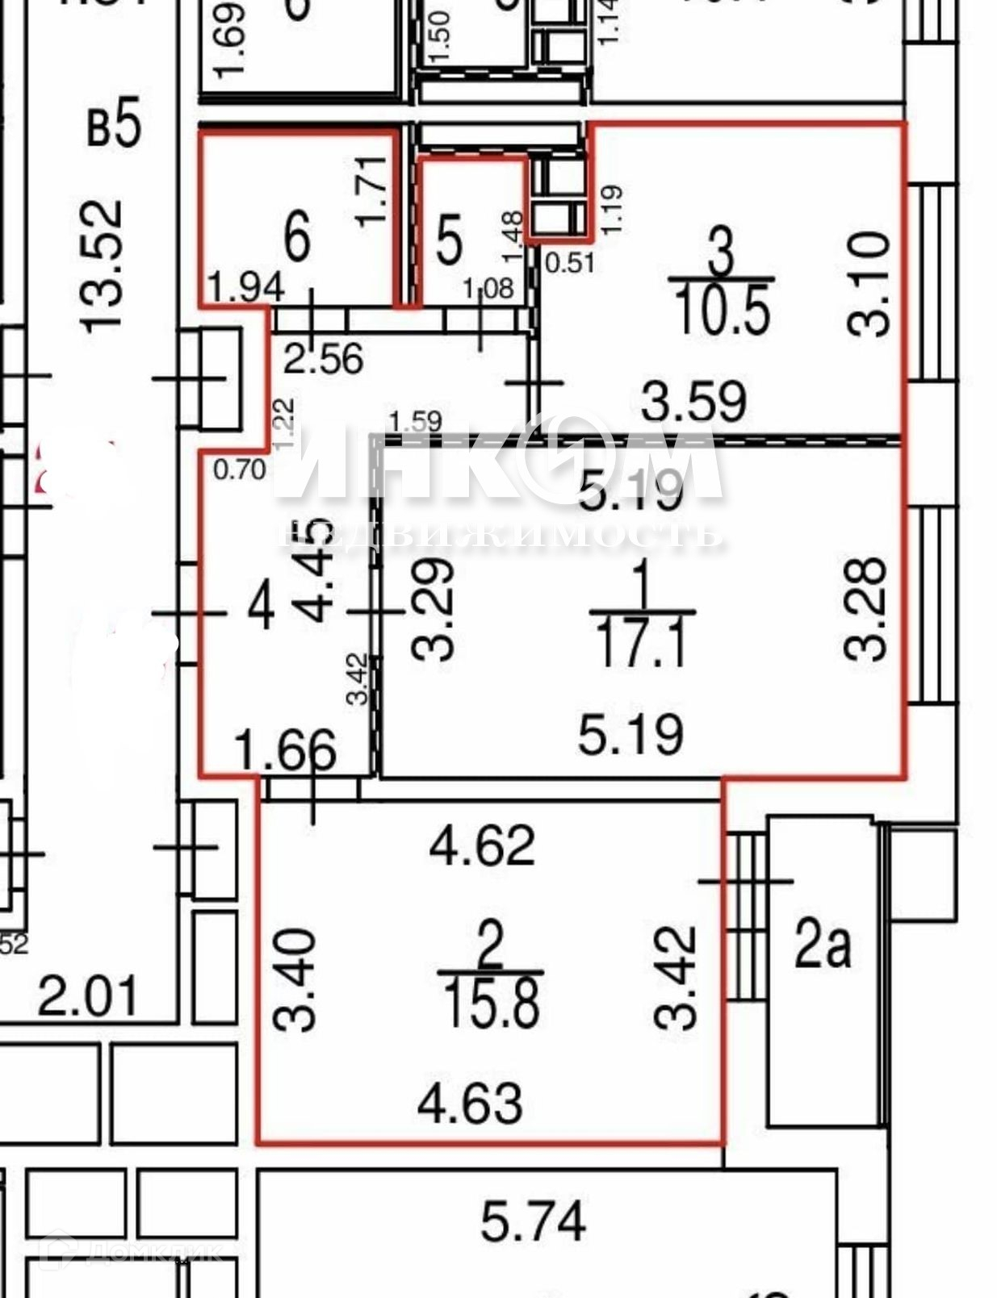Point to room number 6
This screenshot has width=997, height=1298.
tap(297, 236)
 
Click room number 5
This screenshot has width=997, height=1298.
tap(449, 240)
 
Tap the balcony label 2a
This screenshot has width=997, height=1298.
tap(822, 946)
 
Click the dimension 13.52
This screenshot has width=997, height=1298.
tap(103, 266)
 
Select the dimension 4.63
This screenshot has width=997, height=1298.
tap(470, 1104)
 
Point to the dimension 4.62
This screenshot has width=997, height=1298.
tap(482, 845)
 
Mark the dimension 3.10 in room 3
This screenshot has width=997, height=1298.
tap(869, 285)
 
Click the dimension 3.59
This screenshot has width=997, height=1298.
tap(693, 401)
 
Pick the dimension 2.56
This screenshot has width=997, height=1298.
tap(324, 358)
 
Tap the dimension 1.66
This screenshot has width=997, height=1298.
tap(285, 750)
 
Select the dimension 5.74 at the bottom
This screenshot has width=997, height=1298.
tap(533, 1221)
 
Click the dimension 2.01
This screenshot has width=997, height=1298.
tap(89, 997)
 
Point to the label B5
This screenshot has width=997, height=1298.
tap(114, 125)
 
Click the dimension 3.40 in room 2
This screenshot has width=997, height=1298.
tap(294, 980)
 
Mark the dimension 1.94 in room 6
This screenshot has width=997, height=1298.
tap(245, 287)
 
